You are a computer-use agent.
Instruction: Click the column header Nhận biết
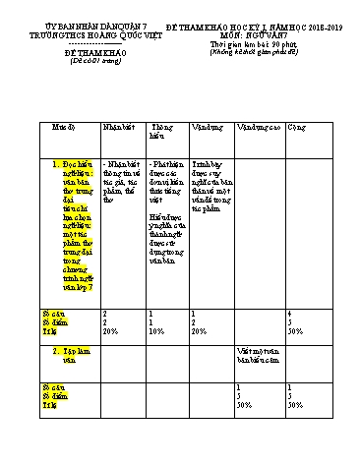click(118, 128)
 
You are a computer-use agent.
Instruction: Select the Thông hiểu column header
click(161, 133)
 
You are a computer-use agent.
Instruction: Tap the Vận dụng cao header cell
click(256, 128)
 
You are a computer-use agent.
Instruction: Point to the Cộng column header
click(294, 128)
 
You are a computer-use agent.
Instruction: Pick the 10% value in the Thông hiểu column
click(156, 331)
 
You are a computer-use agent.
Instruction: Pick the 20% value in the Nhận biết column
click(109, 331)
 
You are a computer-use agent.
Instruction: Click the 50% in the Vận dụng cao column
click(243, 405)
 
